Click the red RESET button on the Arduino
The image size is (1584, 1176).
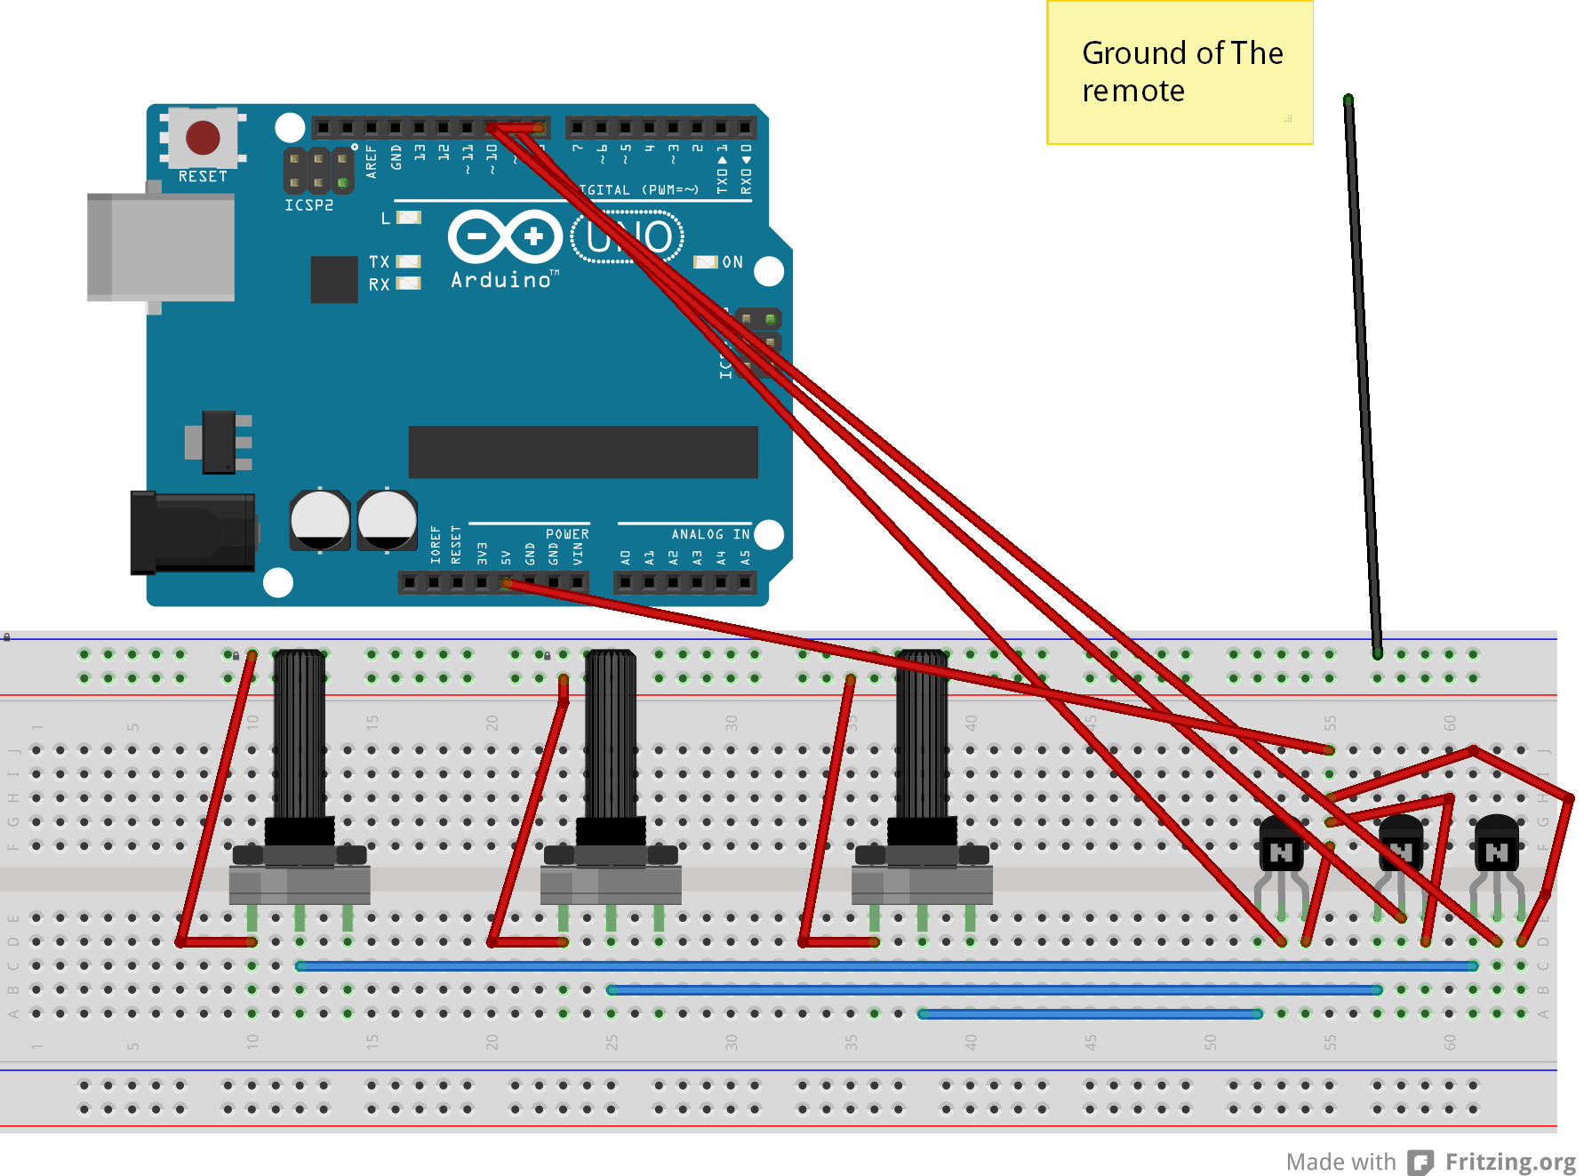click(203, 138)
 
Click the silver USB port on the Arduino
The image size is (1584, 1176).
click(161, 247)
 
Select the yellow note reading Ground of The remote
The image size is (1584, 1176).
click(1180, 73)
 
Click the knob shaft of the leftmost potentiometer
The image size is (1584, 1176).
click(300, 733)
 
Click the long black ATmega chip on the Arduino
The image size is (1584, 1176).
click(583, 452)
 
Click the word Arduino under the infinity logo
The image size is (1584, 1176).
click(501, 280)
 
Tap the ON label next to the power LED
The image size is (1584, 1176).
click(732, 262)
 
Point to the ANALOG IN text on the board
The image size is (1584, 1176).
click(710, 534)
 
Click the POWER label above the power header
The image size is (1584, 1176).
click(567, 534)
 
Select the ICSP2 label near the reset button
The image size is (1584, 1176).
click(309, 205)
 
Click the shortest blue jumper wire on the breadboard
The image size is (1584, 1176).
click(1090, 1013)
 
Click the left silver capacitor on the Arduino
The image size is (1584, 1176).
click(320, 520)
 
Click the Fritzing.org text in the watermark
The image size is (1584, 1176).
click(1509, 1162)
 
